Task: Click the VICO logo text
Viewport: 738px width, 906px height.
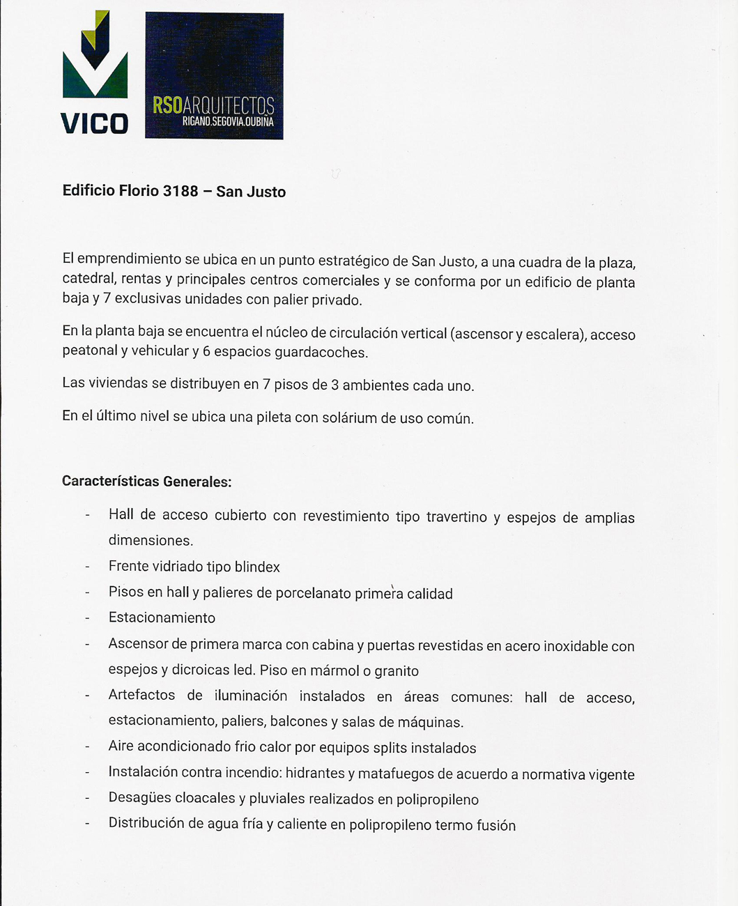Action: point(95,123)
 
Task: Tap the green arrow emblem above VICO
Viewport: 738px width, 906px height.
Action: point(95,59)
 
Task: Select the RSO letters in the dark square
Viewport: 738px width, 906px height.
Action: point(167,105)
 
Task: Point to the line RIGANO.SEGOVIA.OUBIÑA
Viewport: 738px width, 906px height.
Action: point(228,122)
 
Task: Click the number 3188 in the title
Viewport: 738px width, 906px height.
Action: point(180,191)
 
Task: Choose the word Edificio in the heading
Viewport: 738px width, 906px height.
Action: point(89,190)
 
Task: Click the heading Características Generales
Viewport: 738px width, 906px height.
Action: point(146,482)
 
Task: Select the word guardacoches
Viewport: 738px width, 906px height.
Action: point(321,353)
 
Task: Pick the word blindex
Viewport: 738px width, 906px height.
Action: point(257,567)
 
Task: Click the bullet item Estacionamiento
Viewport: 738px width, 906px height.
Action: point(162,618)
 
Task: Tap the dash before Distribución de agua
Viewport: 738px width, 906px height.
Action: point(87,824)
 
